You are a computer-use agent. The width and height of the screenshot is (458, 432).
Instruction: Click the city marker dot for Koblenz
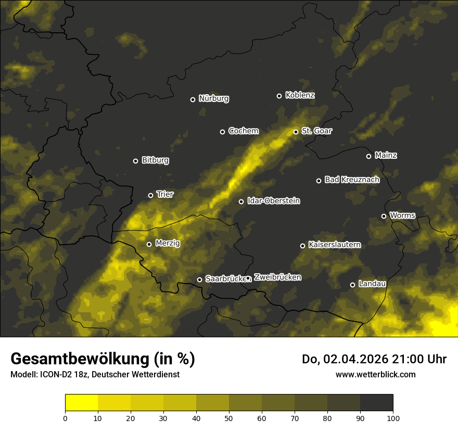(x=279, y=96)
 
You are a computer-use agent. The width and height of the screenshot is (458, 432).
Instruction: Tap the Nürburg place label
(x=213, y=99)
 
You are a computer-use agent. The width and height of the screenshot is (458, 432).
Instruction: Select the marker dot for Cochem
(x=222, y=132)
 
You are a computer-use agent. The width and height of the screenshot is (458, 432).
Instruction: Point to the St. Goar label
(x=316, y=131)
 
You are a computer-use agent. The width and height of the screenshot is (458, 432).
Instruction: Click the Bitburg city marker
(x=135, y=161)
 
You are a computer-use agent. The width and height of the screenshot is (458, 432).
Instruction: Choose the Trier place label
(x=165, y=195)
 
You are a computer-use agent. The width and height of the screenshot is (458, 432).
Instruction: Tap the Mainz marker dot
(x=368, y=156)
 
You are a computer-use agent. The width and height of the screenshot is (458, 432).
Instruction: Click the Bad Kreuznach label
(x=352, y=180)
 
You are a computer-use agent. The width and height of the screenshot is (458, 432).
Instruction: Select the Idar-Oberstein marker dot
(x=241, y=201)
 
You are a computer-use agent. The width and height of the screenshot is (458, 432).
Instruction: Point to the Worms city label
(x=402, y=215)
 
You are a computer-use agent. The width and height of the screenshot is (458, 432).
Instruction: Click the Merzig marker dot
(x=149, y=244)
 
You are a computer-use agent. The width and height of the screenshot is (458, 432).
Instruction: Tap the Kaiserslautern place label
(x=334, y=245)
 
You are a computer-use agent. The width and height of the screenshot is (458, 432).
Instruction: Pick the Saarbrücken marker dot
(x=199, y=279)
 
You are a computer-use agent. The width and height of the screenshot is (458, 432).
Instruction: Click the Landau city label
(x=372, y=284)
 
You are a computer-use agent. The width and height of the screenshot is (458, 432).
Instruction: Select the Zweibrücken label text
(x=277, y=277)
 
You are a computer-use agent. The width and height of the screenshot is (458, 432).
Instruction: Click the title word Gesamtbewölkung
(x=79, y=359)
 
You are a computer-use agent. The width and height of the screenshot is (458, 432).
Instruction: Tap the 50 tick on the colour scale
(x=229, y=418)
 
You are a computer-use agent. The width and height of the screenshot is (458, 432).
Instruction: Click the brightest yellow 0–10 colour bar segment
(x=81, y=402)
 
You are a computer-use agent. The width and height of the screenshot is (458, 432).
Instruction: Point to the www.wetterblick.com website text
(x=375, y=374)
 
